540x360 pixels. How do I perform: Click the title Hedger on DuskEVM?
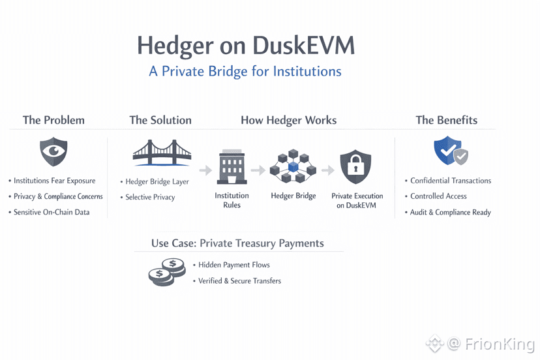pyautogui.click(x=245, y=46)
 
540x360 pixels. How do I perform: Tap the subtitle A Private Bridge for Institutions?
pyautogui.click(x=245, y=70)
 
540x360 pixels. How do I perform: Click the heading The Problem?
pyautogui.click(x=53, y=120)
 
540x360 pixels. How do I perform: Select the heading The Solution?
pyautogui.click(x=160, y=120)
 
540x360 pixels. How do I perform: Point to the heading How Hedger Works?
pyautogui.click(x=289, y=120)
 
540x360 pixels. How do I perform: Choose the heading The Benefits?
pyautogui.click(x=447, y=120)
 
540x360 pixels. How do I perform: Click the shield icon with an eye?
pyautogui.click(x=53, y=153)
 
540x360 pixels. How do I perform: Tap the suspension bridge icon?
pyautogui.click(x=162, y=151)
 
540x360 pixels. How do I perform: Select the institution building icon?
pyautogui.click(x=232, y=168)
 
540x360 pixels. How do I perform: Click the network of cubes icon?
pyautogui.click(x=293, y=167)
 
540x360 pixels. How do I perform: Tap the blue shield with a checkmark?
pyautogui.click(x=450, y=151)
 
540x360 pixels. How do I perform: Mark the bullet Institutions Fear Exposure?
pyautogui.click(x=55, y=181)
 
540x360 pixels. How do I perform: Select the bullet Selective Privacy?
pyautogui.click(x=150, y=197)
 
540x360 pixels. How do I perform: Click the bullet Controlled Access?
pyautogui.click(x=438, y=196)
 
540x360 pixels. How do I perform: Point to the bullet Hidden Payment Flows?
pyautogui.click(x=233, y=265)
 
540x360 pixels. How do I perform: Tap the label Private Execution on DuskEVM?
pyautogui.click(x=357, y=200)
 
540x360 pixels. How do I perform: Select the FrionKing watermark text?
pyautogui.click(x=500, y=344)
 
